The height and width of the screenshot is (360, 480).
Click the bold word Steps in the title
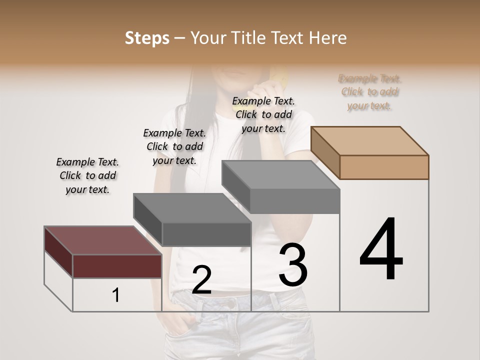[147, 38]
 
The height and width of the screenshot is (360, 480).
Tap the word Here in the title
[327, 38]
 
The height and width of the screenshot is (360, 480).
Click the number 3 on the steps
[293, 265]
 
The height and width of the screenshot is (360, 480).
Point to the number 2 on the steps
[201, 279]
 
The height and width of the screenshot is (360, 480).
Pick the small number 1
[116, 295]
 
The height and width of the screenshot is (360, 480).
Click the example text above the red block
[87, 175]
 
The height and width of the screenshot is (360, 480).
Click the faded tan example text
[370, 92]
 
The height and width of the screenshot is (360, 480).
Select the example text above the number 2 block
[174, 146]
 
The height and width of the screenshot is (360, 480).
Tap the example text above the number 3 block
[263, 114]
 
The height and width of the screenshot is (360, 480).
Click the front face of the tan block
[384, 167]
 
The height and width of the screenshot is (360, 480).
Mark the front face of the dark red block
[117, 266]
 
